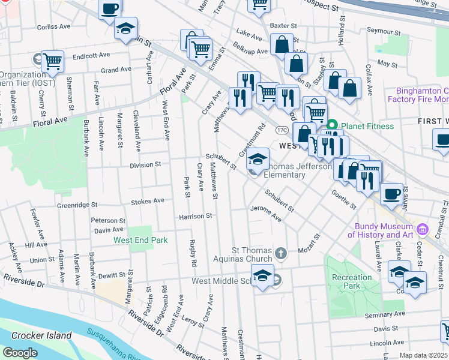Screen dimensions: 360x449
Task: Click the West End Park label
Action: click(139, 240)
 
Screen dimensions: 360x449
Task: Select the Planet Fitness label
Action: click(369, 126)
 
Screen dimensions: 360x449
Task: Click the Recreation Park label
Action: click(352, 281)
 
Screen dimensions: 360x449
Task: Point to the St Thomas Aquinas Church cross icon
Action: click(280, 253)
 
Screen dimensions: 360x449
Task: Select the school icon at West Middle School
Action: click(262, 276)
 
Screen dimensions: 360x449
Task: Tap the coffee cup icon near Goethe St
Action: click(391, 194)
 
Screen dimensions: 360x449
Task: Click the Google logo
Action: click(20, 352)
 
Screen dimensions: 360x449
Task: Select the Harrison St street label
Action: click(196, 215)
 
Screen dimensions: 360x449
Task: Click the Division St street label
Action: click(145, 164)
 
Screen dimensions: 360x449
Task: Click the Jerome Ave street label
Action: click(266, 216)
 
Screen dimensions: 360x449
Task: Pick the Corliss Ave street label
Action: click(55, 27)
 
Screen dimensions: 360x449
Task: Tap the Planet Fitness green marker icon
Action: click(332, 126)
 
